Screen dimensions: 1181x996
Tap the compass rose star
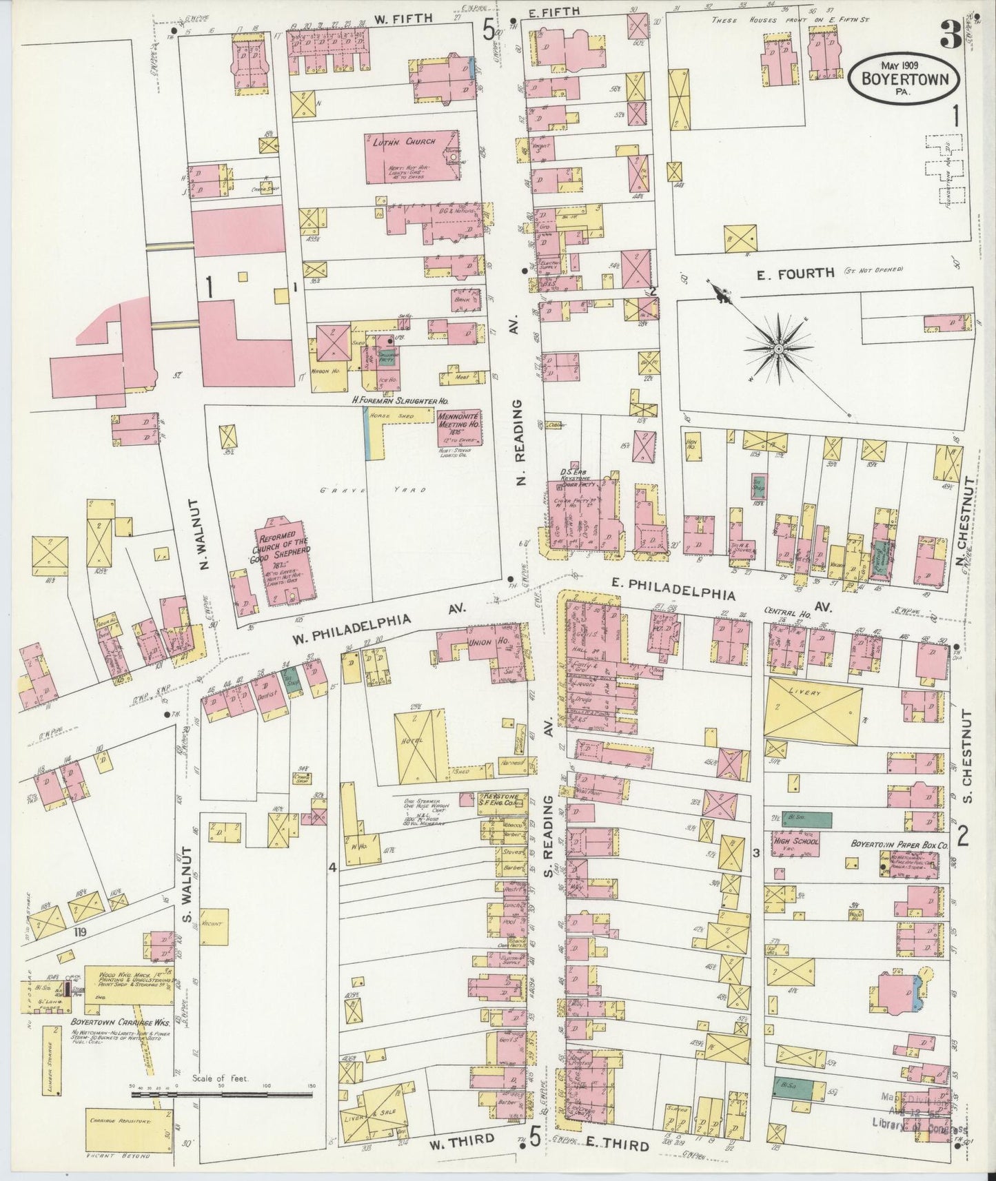778,350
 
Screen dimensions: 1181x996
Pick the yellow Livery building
813,708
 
